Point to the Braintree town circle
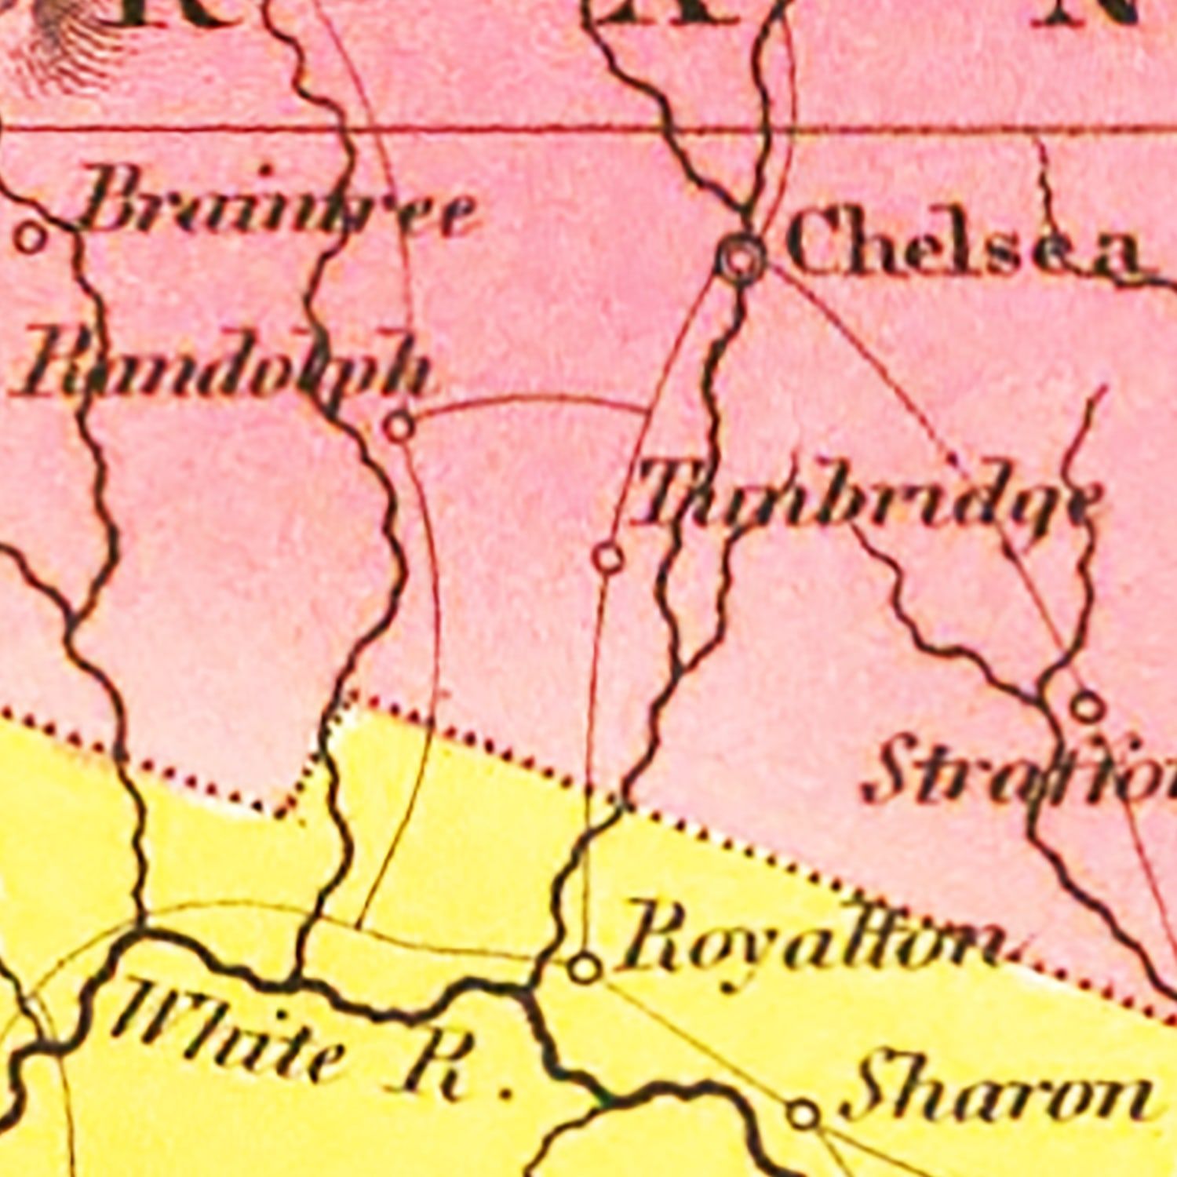click(x=31, y=237)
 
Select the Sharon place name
click(x=997, y=1095)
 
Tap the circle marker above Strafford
click(x=1087, y=707)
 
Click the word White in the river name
click(x=228, y=1028)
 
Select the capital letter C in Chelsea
click(x=816, y=239)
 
